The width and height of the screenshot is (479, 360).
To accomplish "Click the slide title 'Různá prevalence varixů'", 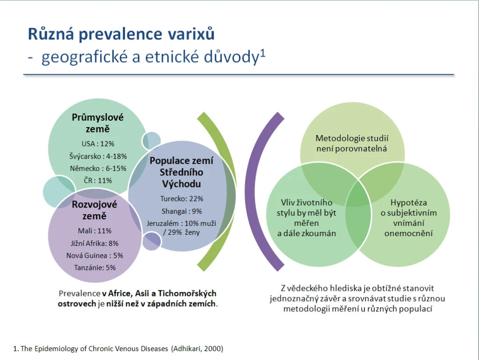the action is coord(121,34).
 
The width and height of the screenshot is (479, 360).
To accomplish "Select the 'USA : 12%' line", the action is coord(98,144).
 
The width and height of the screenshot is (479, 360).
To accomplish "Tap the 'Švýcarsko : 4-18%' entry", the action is coord(98,156).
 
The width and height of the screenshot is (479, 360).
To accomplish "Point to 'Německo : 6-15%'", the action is coord(98,169).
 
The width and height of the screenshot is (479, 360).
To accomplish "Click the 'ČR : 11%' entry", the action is coord(98,180).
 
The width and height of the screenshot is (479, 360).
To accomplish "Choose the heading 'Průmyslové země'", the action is coord(98,123).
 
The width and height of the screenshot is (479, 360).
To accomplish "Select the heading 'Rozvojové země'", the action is coord(94,210).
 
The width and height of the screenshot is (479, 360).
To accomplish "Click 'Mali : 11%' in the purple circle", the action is coord(94,231).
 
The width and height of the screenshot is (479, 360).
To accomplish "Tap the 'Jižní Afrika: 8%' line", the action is coord(94,244).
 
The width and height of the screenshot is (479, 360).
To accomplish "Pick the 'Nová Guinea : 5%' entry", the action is coord(94,256).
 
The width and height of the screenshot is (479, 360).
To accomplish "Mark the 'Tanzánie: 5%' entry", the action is coord(94,268).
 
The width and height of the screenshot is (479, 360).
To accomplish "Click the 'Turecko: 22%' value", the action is coord(182,199).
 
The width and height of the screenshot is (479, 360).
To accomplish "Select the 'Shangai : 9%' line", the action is coord(182,211).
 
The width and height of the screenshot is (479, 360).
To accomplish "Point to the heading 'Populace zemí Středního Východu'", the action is coord(181,172).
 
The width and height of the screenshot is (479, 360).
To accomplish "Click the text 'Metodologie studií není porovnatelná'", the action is coord(352,144).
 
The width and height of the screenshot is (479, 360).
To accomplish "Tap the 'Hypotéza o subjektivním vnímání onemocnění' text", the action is coord(409,218).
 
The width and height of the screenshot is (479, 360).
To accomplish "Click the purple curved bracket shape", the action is coord(251,191).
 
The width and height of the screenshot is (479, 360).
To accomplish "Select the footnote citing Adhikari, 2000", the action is coord(118,349).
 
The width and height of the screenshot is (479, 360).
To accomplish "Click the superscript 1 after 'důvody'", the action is coord(263,54).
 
